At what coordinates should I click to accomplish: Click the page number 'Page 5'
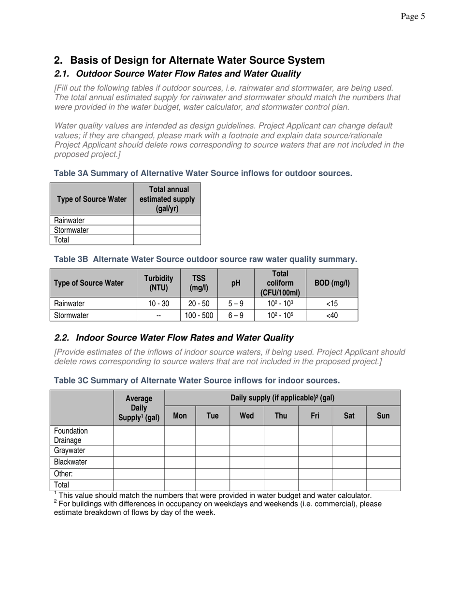[x=413, y=17]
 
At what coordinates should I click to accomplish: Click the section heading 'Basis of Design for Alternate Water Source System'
[x=197, y=60]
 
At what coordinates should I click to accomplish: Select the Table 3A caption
[x=203, y=173]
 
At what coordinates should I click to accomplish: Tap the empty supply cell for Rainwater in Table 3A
[x=167, y=220]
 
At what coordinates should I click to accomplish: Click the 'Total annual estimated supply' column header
[x=167, y=199]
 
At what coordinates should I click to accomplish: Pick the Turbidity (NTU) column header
[x=158, y=283]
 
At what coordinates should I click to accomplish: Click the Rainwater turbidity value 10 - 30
[x=158, y=304]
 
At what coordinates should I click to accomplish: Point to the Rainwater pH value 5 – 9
[x=236, y=304]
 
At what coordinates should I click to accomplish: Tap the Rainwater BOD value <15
[x=332, y=304]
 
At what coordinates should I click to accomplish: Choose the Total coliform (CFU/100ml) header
[x=280, y=283]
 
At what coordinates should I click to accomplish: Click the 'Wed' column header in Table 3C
[x=246, y=415]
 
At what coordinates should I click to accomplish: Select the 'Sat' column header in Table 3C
[x=349, y=415]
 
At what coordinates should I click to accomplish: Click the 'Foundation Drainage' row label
[x=71, y=436]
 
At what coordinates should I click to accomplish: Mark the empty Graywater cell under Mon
[x=180, y=451]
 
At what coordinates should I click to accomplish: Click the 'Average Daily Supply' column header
[x=139, y=408]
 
